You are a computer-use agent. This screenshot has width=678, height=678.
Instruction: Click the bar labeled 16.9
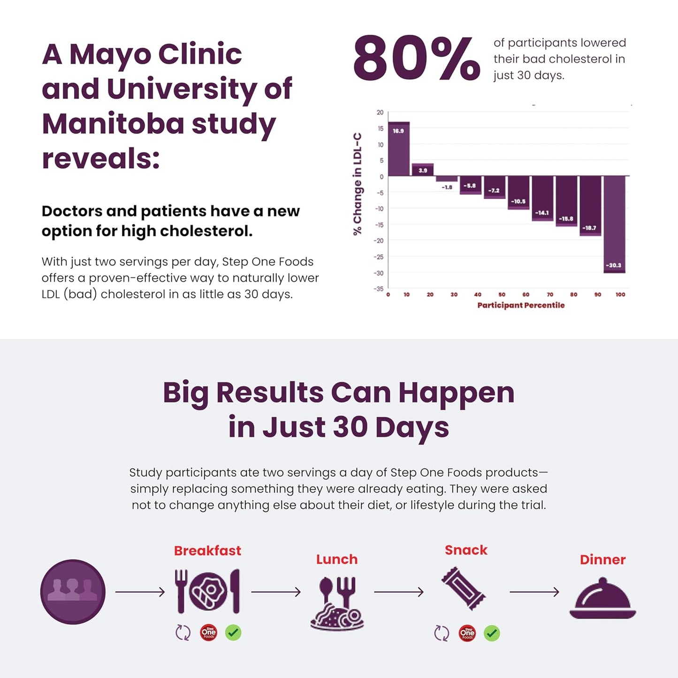[399, 149]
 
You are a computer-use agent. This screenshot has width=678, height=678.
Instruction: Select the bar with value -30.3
[614, 224]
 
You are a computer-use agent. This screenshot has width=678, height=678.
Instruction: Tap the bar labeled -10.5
[518, 192]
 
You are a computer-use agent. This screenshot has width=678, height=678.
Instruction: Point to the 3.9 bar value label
[423, 171]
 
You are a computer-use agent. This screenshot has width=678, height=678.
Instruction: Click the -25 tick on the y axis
[379, 257]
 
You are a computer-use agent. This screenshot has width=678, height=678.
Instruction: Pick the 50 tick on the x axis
[502, 295]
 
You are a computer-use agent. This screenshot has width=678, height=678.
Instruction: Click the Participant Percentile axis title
[521, 305]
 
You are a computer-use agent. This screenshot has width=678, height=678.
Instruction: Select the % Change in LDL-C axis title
[358, 183]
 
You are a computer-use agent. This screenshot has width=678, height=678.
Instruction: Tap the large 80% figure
[417, 59]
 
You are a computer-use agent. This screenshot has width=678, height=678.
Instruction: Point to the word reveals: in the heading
[101, 159]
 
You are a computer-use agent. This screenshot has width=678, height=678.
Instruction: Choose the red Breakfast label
[207, 550]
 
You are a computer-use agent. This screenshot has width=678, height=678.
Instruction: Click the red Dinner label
[602, 560]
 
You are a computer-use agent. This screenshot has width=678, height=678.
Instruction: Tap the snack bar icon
[464, 588]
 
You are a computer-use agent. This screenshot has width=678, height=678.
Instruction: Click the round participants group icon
[73, 592]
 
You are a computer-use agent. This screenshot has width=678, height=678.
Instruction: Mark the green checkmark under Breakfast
[233, 633]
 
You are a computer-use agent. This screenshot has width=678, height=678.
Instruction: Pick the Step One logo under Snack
[467, 633]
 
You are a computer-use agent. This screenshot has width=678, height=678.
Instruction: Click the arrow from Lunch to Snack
[398, 592]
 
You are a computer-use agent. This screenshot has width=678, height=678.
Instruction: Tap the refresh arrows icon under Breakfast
[183, 633]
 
